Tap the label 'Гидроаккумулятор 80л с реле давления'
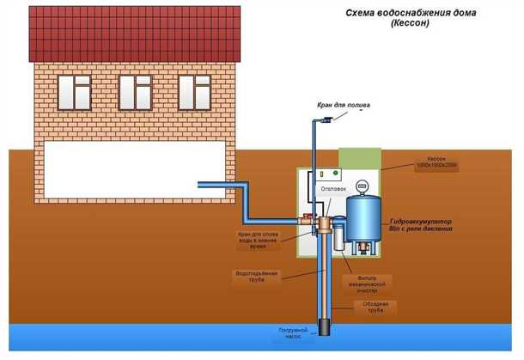pyautogui.click(x=432, y=226)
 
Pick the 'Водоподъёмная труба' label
pyautogui.click(x=254, y=276)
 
